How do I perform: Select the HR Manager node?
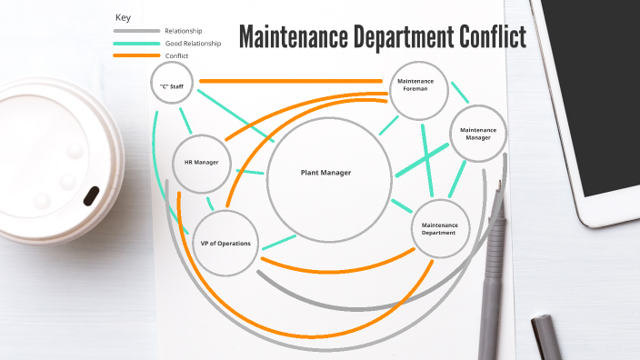click(x=202, y=163)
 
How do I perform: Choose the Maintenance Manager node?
click(x=478, y=134)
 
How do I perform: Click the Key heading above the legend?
click(x=124, y=17)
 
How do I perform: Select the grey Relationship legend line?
click(x=135, y=31)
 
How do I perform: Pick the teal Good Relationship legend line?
click(x=135, y=44)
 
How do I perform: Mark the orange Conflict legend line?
click(x=135, y=56)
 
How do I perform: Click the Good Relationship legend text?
click(x=192, y=44)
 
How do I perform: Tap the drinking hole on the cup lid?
click(x=92, y=195)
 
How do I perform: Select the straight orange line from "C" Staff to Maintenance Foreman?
click(x=291, y=82)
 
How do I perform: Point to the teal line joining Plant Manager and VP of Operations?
click(x=279, y=242)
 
